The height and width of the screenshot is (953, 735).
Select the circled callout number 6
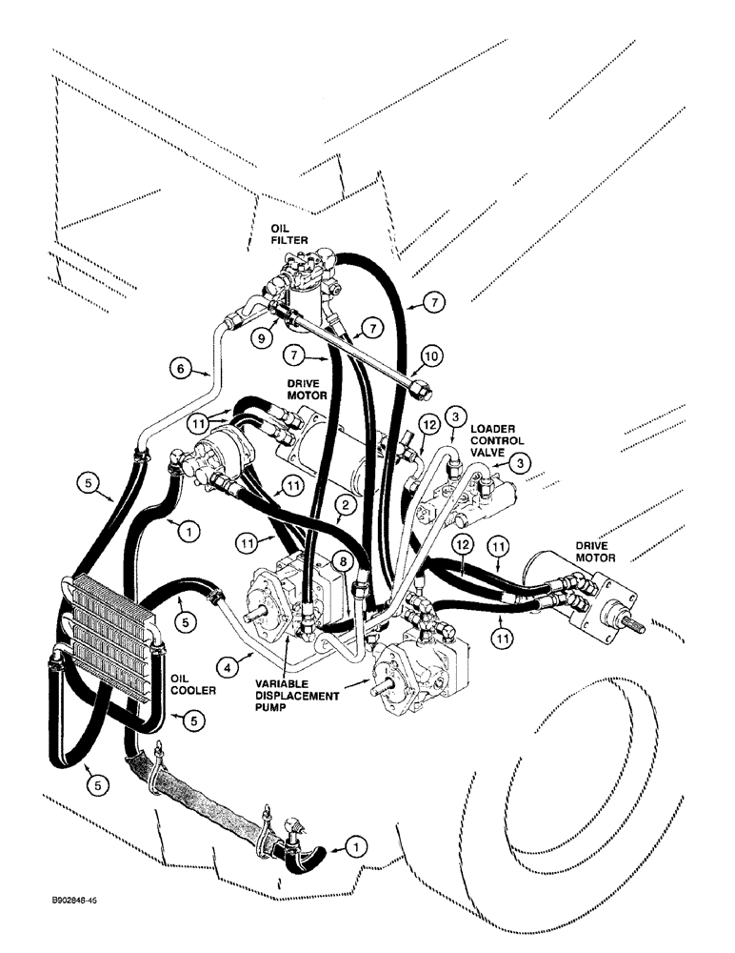178,366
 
